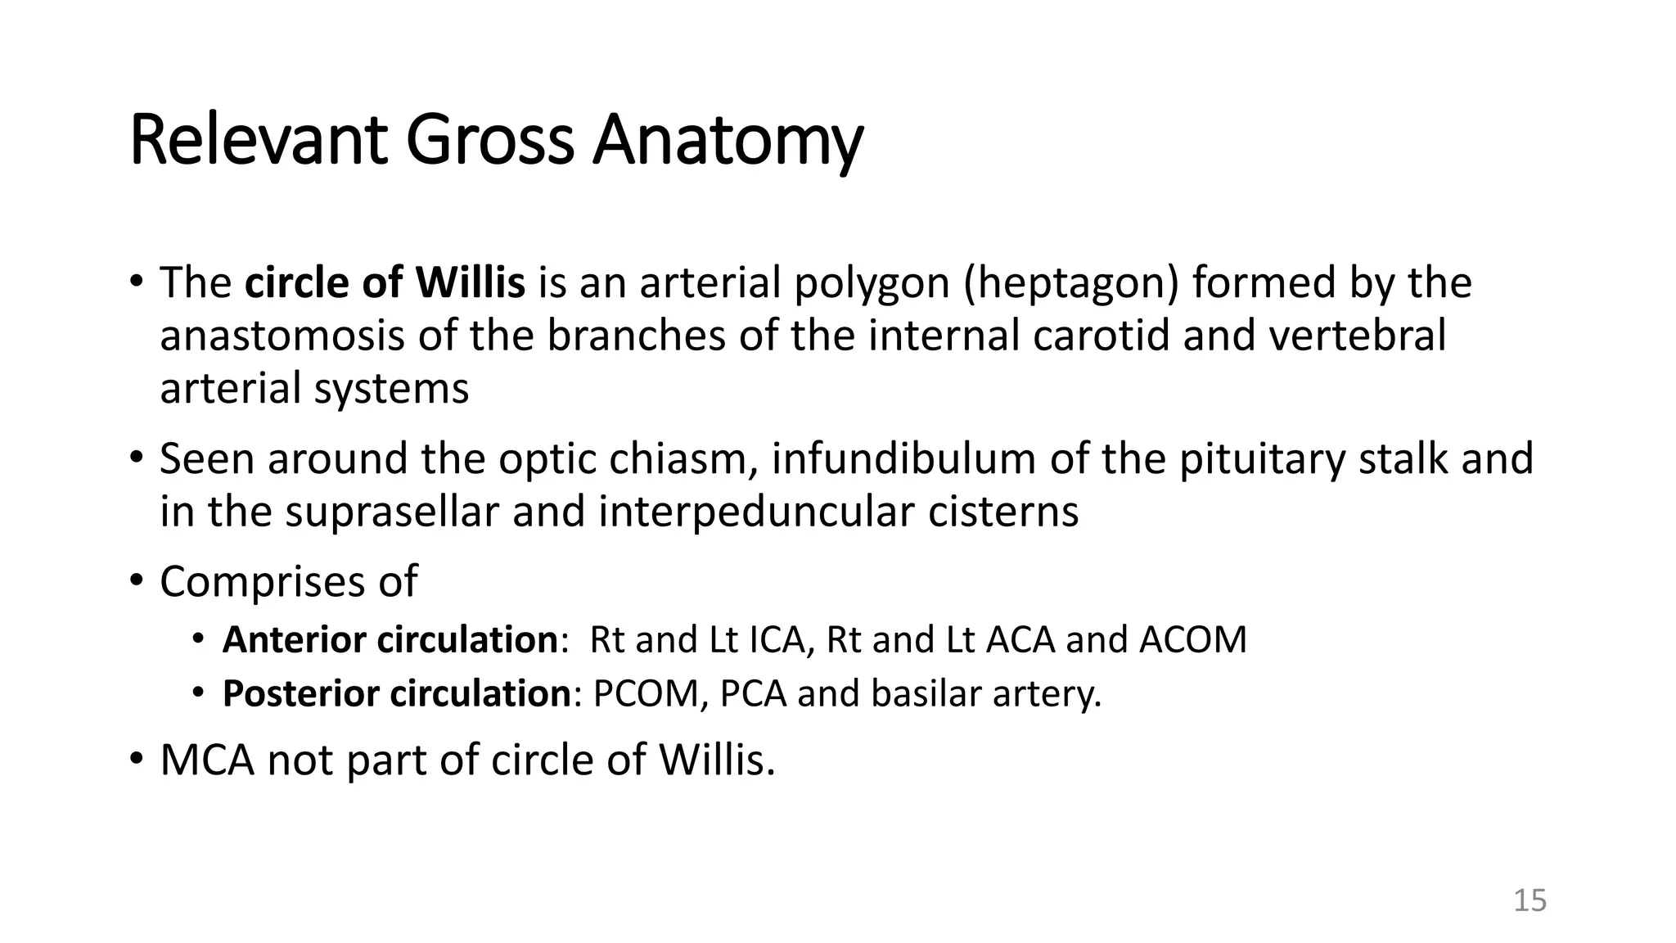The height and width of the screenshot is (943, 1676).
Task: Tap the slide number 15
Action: tap(1529, 900)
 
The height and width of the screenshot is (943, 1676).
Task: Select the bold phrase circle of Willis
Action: tap(385, 282)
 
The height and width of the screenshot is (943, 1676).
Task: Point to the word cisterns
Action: tap(1003, 512)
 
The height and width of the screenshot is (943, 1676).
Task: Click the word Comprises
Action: tap(262, 582)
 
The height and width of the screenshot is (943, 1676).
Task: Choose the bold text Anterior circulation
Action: tap(390, 639)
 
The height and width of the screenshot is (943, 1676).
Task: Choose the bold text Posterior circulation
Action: tap(396, 693)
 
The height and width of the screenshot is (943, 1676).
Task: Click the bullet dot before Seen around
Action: tap(136, 458)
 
